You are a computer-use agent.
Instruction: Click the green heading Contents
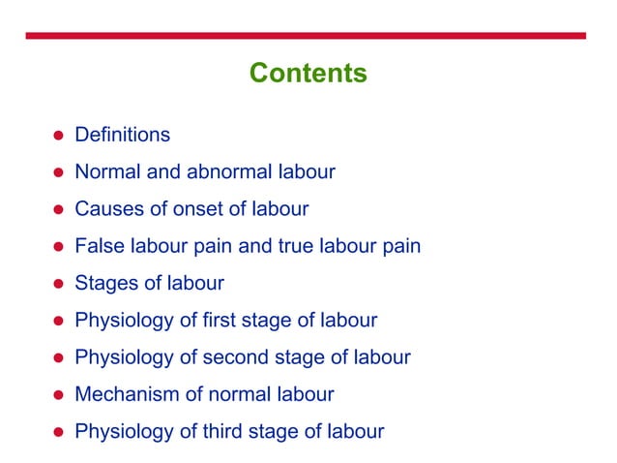308,73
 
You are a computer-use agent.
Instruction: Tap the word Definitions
122,135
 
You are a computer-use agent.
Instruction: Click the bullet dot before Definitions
58,136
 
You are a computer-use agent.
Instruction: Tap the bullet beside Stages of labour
58,284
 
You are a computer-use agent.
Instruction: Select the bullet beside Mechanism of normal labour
58,395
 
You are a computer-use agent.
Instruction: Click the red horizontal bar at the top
308,36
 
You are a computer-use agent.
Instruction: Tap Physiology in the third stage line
124,431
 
